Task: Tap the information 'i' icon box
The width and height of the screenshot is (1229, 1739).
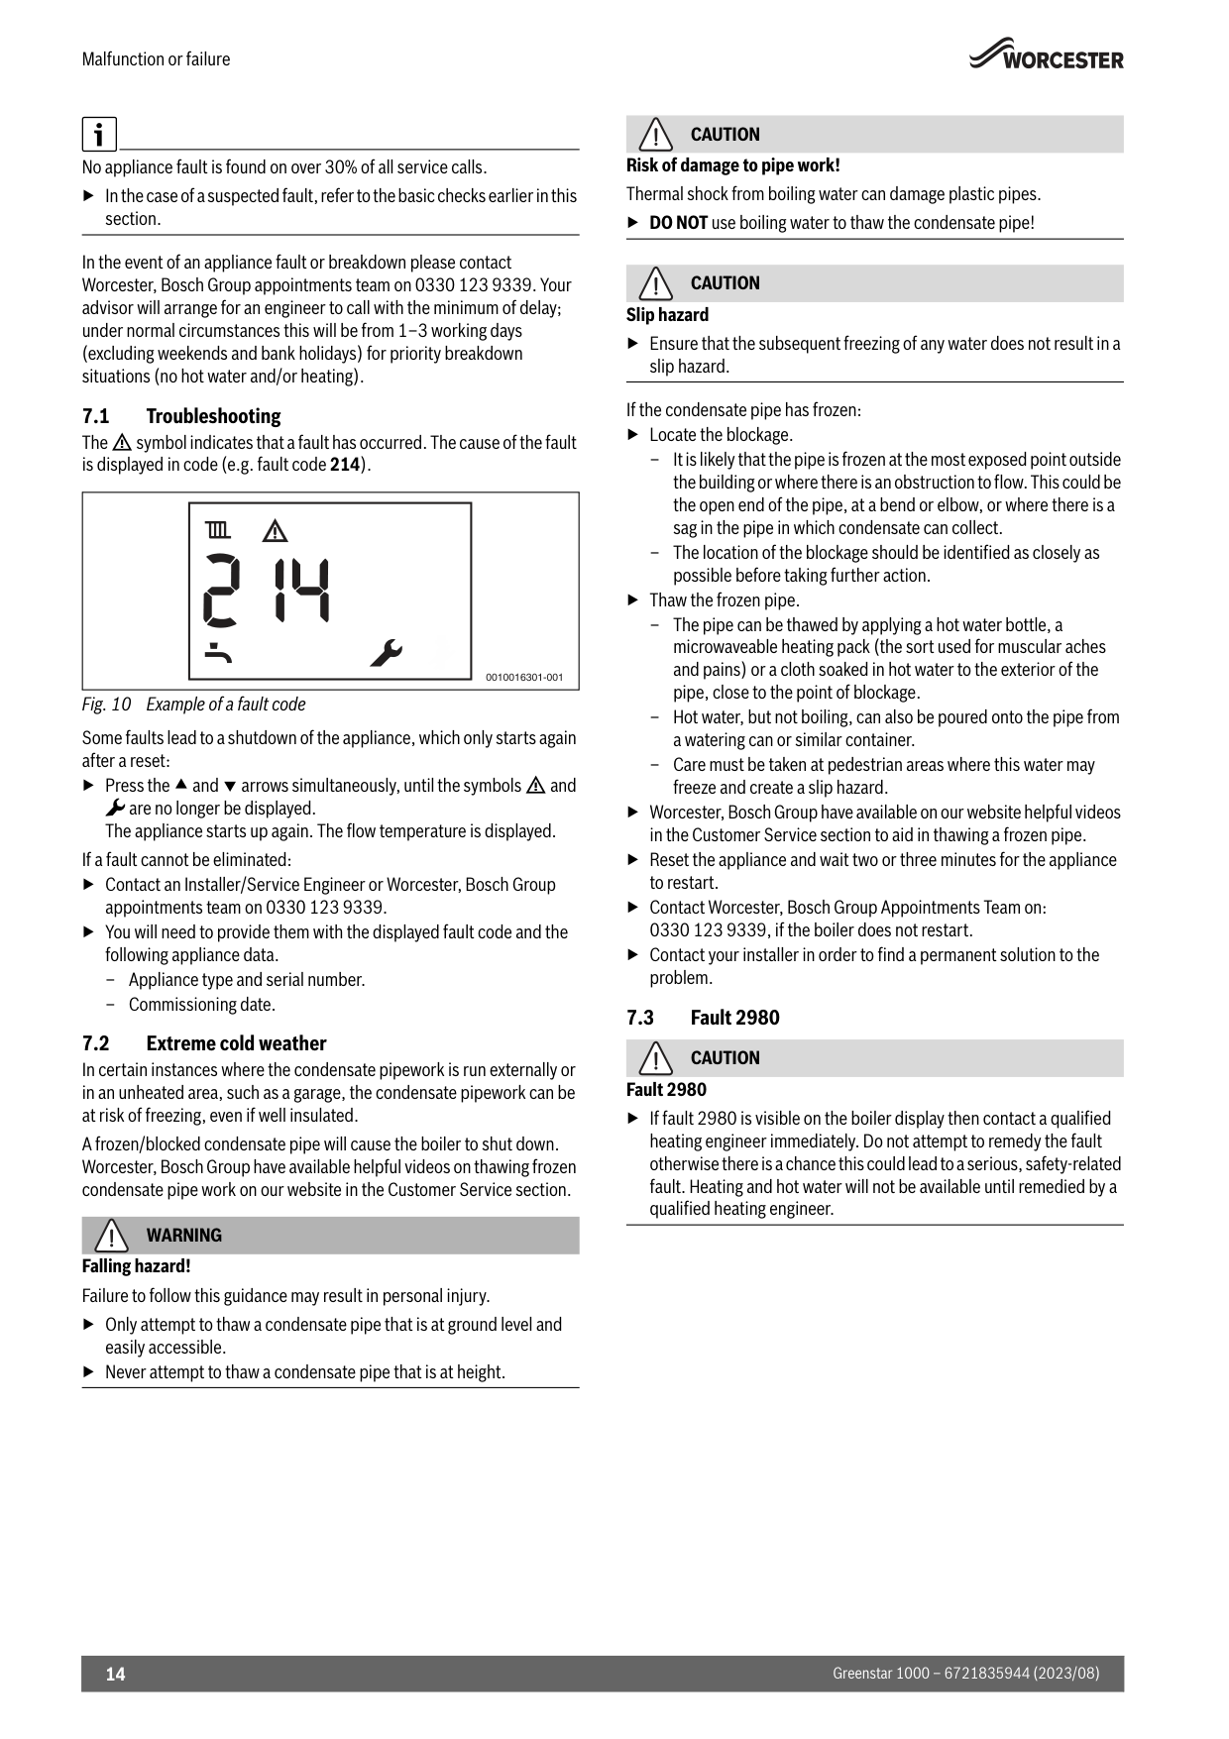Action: (x=99, y=134)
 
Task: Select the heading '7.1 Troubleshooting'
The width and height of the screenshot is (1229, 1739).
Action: (x=181, y=416)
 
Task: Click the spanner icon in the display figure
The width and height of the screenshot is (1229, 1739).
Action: (x=386, y=653)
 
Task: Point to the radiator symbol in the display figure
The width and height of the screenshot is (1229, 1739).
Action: (x=218, y=531)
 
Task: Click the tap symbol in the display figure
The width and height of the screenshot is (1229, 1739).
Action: (x=219, y=653)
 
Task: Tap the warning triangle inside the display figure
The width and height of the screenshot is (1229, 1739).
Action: (x=275, y=531)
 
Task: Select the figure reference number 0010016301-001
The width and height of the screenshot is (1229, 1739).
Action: (x=524, y=677)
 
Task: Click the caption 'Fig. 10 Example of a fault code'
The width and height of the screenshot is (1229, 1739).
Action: (x=193, y=705)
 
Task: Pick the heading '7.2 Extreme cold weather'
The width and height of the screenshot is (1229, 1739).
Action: (x=203, y=1043)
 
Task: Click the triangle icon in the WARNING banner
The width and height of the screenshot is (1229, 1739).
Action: (x=112, y=1236)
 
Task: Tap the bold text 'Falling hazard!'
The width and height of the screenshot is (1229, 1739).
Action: (x=136, y=1266)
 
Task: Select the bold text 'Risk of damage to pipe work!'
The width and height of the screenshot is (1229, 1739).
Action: (x=732, y=165)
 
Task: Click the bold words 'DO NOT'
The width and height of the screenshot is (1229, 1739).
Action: (x=678, y=223)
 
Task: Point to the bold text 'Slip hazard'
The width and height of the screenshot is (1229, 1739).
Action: (x=667, y=315)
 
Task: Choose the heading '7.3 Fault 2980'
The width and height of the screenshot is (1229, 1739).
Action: (x=703, y=1018)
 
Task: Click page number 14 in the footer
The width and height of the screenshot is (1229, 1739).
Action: (x=116, y=1674)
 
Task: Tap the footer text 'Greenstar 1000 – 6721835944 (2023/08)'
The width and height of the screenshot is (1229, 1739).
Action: (x=965, y=1674)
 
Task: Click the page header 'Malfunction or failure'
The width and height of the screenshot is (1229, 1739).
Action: (x=156, y=59)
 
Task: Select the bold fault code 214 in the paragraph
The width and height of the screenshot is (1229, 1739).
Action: (x=344, y=465)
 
